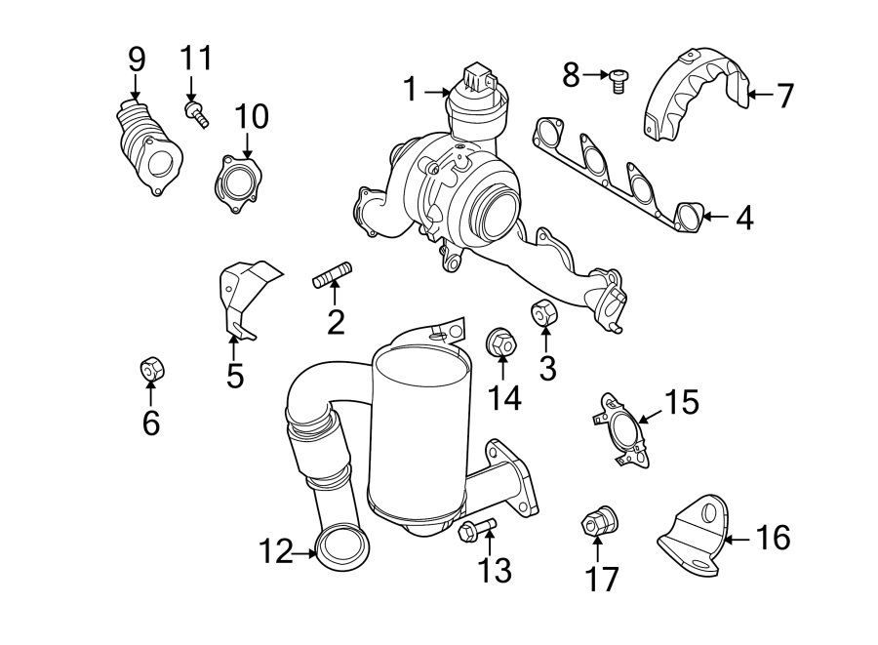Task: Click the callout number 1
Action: [412, 90]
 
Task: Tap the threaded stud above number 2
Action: [333, 275]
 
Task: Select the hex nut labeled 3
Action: [543, 315]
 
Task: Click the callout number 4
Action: [744, 217]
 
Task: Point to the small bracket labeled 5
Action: [242, 293]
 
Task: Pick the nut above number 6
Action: [151, 370]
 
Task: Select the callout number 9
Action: [137, 59]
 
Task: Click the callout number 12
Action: [274, 553]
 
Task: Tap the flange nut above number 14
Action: [500, 343]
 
